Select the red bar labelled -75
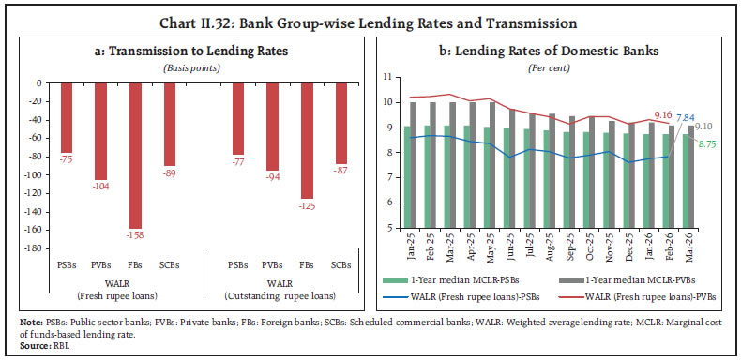tap(67, 117)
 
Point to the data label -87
tap(342, 171)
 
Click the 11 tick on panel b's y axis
tap(386, 75)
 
